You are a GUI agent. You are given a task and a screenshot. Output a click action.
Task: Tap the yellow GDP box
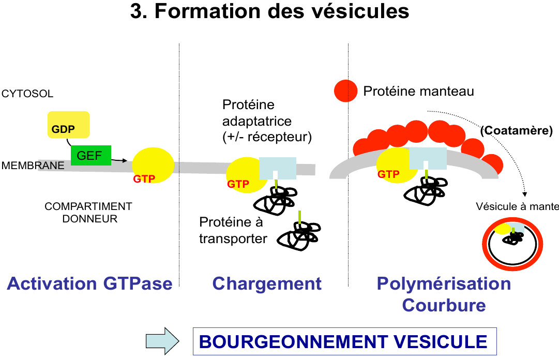click(69, 125)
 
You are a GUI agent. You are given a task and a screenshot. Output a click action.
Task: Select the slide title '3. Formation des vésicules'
click(269, 11)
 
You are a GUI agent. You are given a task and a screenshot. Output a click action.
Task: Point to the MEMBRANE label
click(26, 166)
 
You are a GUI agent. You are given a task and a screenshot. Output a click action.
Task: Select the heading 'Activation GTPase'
click(89, 283)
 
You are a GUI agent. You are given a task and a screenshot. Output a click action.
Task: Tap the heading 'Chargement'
click(267, 283)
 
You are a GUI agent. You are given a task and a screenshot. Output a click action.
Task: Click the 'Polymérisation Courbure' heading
click(444, 294)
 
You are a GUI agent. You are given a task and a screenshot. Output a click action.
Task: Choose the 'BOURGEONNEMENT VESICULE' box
click(344, 341)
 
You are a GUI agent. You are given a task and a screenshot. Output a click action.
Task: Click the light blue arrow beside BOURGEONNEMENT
click(162, 341)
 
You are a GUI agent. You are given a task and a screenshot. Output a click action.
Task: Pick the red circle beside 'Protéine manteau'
click(345, 91)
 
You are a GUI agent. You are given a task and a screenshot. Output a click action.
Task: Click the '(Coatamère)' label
click(516, 131)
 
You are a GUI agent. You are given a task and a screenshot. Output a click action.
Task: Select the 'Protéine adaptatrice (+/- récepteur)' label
click(257, 122)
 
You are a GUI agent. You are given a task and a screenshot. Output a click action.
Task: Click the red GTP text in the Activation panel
click(144, 178)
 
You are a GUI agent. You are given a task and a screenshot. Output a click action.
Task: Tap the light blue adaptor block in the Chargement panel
click(277, 167)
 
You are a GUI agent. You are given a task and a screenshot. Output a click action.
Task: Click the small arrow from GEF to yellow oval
click(119, 160)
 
